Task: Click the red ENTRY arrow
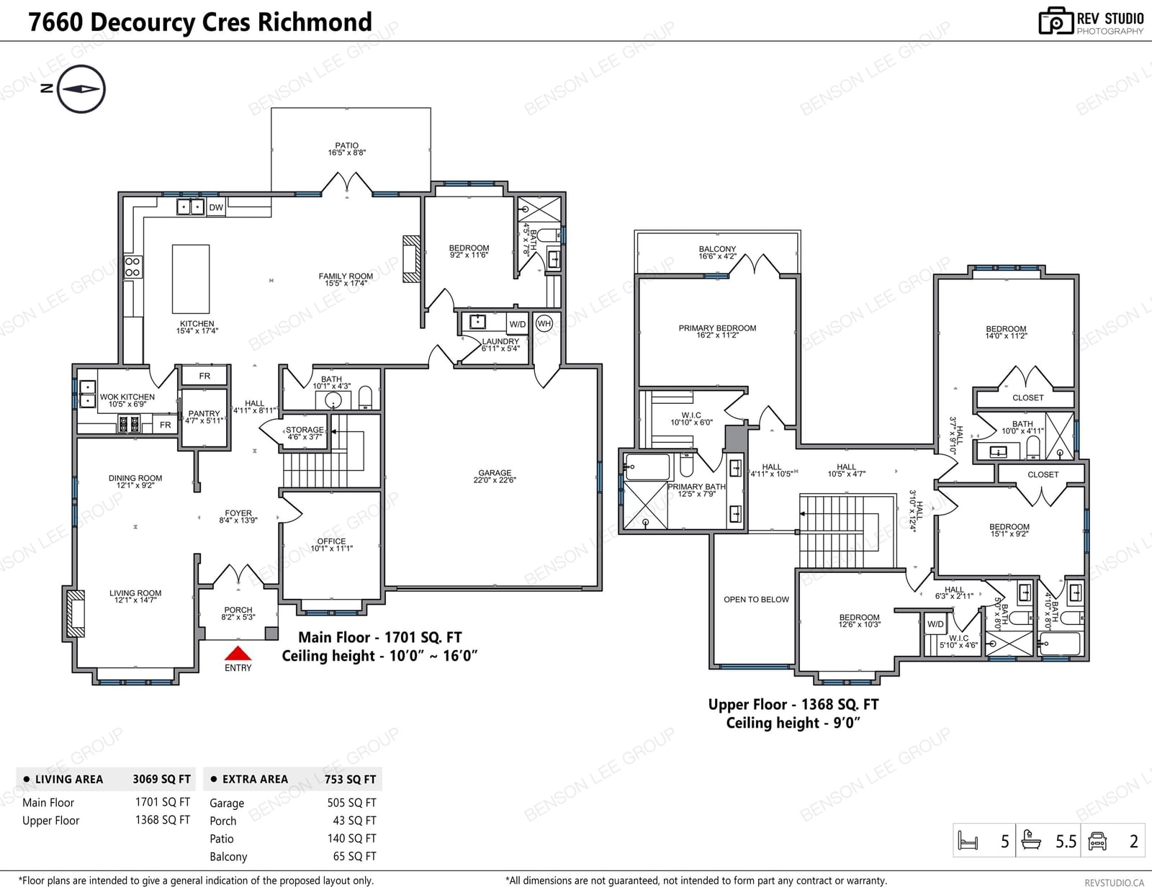tap(238, 653)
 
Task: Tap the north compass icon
tap(81, 89)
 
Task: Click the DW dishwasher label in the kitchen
tap(216, 207)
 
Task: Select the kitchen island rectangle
tap(191, 279)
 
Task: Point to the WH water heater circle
tap(544, 323)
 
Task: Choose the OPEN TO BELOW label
tap(757, 600)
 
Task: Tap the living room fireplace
tap(76, 613)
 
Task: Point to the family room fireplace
tap(411, 258)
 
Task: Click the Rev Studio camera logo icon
tap(1056, 21)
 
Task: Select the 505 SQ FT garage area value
tap(351, 803)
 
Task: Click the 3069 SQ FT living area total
tap(162, 779)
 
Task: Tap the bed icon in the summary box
tap(968, 841)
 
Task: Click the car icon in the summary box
tap(1097, 841)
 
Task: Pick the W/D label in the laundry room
tap(518, 325)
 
